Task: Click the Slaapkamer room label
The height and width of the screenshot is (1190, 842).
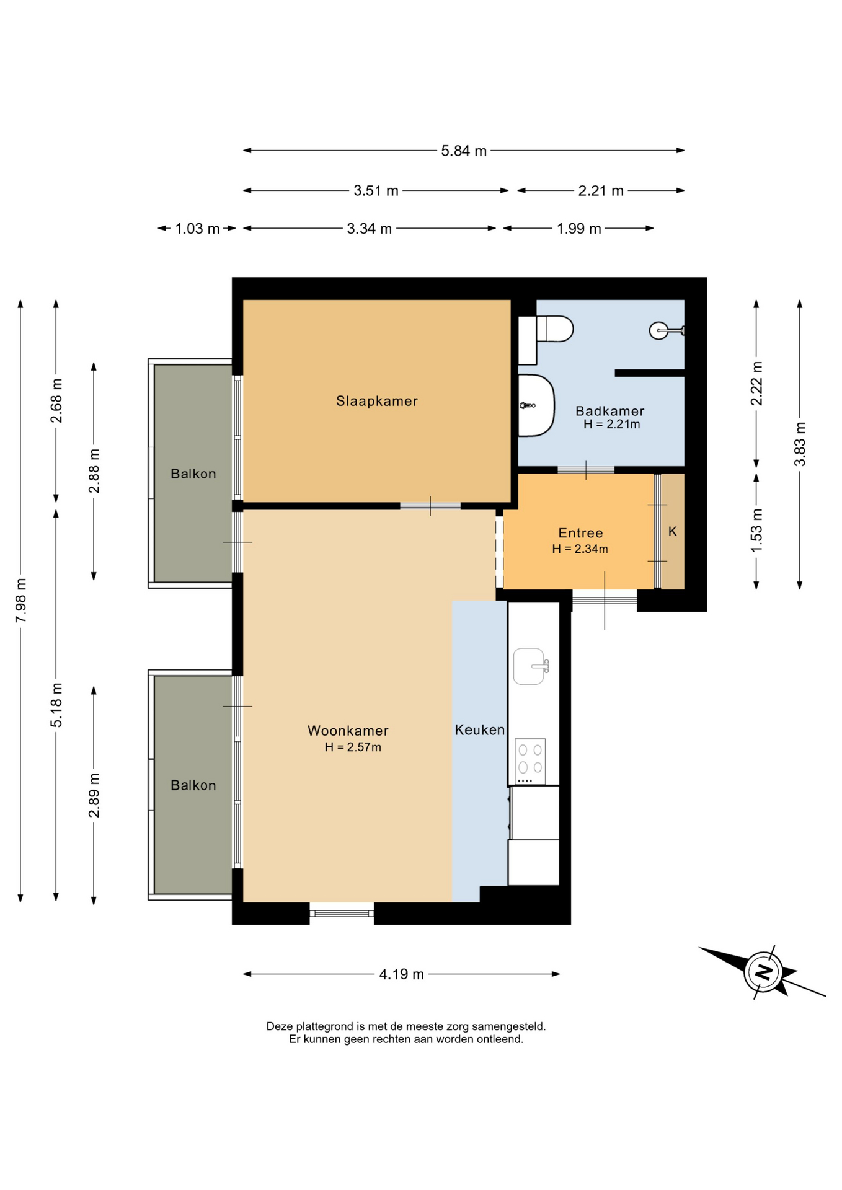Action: [x=377, y=401]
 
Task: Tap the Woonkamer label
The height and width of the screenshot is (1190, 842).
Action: [x=348, y=731]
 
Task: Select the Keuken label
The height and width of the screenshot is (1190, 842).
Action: [x=480, y=730]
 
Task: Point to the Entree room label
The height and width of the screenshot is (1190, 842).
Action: [x=580, y=533]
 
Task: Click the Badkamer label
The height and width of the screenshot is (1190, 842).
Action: [x=610, y=411]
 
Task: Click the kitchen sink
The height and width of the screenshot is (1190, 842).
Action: [x=531, y=666]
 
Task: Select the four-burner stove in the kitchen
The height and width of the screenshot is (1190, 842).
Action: [x=530, y=761]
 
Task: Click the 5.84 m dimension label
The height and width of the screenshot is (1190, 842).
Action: [x=464, y=151]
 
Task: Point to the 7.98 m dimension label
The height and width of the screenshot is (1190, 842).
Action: [x=21, y=600]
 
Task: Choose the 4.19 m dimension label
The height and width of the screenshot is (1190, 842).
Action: [x=402, y=974]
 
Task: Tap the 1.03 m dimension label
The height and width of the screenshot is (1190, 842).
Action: [x=197, y=229]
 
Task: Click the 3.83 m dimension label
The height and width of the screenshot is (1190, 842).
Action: [x=800, y=444]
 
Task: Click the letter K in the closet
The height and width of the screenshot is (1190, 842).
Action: [x=673, y=532]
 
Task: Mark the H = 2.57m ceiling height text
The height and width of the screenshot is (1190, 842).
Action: [x=353, y=747]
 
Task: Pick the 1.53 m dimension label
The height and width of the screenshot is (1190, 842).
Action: [x=756, y=531]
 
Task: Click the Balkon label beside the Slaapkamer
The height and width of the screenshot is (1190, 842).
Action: [x=193, y=474]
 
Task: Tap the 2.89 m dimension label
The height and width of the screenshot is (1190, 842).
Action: [x=94, y=795]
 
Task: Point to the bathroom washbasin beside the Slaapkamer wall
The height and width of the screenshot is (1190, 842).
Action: [x=536, y=405]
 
